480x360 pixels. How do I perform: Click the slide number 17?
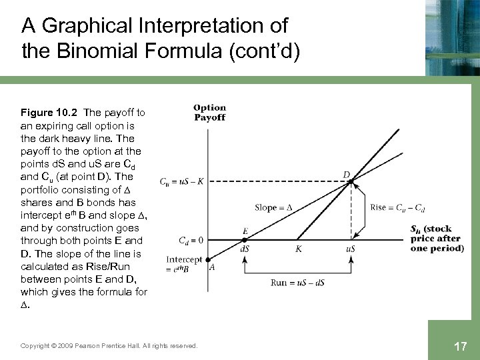click(459, 346)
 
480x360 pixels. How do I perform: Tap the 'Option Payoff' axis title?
click(209, 112)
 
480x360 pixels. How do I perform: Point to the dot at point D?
click(351, 181)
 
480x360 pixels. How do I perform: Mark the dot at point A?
click(207, 261)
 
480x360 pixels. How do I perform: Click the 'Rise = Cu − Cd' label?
click(396, 207)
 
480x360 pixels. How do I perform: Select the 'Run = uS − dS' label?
click(298, 282)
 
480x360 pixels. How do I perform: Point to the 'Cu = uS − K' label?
click(183, 181)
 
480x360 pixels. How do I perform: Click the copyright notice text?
click(109, 345)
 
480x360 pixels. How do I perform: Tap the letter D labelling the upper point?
click(347, 175)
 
